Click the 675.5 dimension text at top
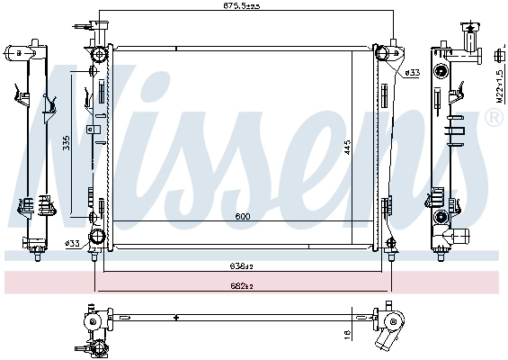pos(241,7)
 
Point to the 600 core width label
pos(243,217)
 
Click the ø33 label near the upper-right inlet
pos(413,72)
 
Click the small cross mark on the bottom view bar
pos(176,318)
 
